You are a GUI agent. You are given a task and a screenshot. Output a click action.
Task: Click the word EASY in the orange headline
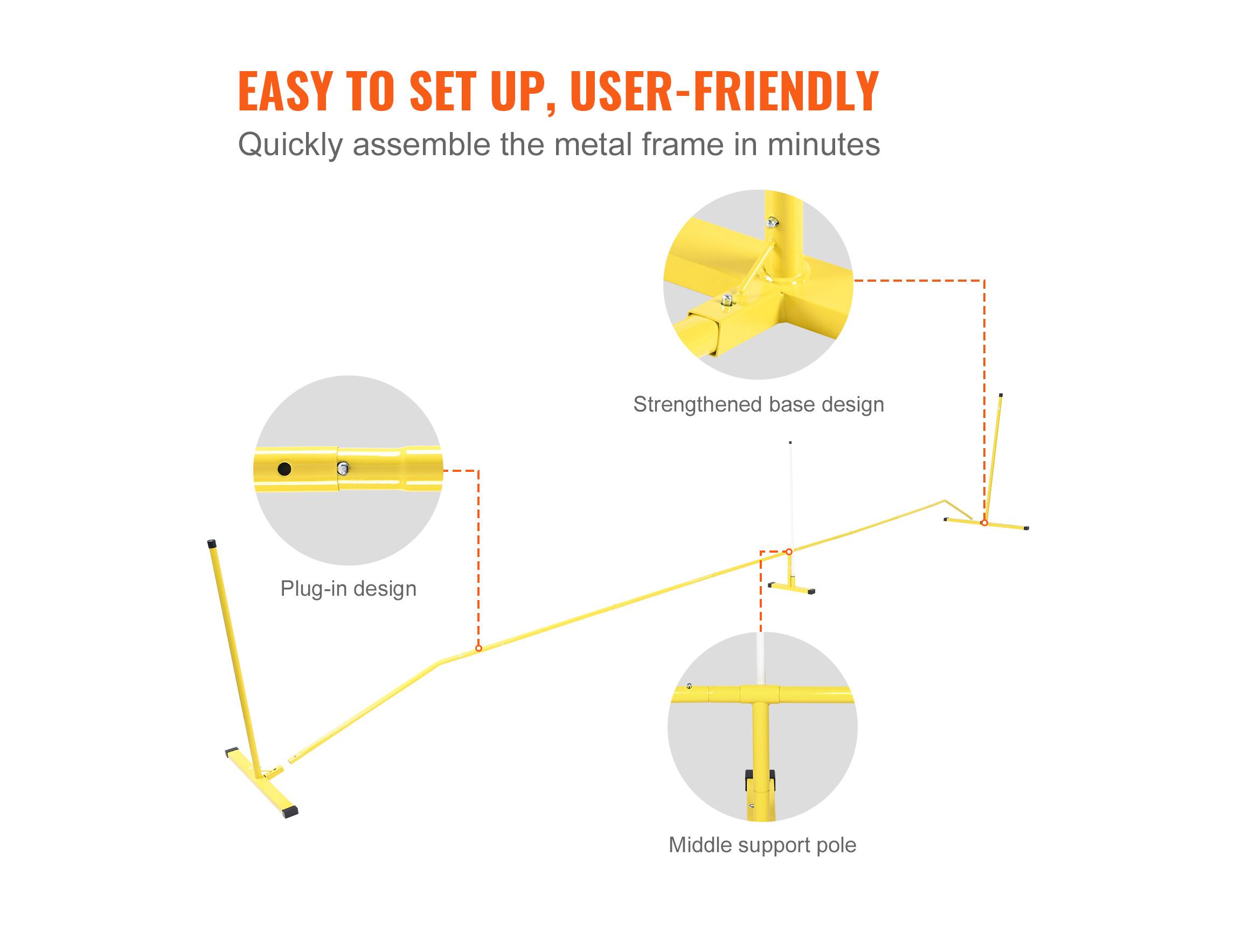point(286,91)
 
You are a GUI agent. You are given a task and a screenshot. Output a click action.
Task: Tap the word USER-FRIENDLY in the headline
point(724,91)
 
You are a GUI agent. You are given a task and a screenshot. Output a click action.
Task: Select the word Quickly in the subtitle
point(290,145)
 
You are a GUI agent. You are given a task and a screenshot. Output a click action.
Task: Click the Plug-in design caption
point(348,588)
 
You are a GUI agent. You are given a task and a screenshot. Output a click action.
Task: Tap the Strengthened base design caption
point(758,405)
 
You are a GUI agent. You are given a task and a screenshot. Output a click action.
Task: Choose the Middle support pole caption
point(762,845)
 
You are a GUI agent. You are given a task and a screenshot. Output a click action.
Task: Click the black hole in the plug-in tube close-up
point(284,469)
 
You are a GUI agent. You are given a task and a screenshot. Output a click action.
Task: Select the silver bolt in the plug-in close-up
point(343,468)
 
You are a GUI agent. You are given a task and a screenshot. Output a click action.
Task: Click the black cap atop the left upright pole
point(211,543)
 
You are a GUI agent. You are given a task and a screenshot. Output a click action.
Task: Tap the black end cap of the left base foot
point(290,811)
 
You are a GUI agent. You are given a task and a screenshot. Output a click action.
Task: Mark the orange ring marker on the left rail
point(479,648)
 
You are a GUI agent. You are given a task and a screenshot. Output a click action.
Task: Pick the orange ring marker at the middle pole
point(789,552)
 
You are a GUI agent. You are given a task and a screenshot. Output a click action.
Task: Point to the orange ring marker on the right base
point(984,523)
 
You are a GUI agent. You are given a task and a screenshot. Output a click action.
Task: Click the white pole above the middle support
point(790,492)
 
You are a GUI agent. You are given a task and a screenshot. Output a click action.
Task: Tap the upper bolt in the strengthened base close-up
point(772,223)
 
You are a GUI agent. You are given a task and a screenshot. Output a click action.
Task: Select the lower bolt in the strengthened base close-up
point(727,301)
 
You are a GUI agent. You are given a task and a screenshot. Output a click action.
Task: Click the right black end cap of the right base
point(1026,527)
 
